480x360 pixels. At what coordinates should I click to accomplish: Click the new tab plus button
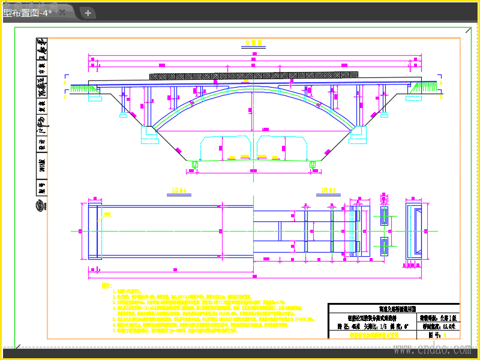tap(88, 13)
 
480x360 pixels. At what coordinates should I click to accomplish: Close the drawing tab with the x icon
tap(61, 13)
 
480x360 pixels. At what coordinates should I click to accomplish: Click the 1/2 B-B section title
tap(328, 190)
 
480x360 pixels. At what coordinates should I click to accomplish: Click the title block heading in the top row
tap(393, 308)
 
